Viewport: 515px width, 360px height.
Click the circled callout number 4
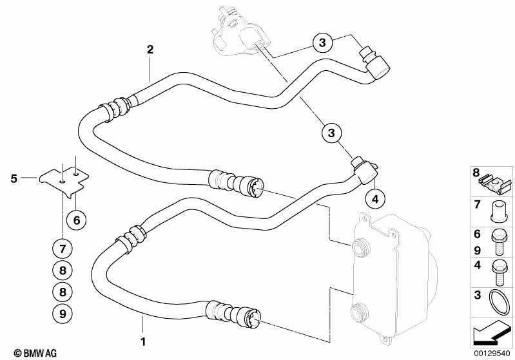pyautogui.click(x=374, y=198)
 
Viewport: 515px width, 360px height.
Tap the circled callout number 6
pyautogui.click(x=77, y=220)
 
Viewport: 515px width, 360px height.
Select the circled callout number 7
pyautogui.click(x=63, y=249)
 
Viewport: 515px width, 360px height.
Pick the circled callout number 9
pyautogui.click(x=63, y=314)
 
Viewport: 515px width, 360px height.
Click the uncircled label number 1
pyautogui.click(x=143, y=341)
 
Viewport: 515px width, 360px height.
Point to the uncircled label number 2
pyautogui.click(x=150, y=50)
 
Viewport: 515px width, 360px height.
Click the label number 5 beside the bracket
pyautogui.click(x=14, y=179)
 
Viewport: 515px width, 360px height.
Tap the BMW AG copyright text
pyautogui.click(x=35, y=353)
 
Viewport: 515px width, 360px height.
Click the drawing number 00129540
pyautogui.click(x=492, y=354)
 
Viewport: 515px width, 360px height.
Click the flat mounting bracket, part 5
pyautogui.click(x=64, y=181)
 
